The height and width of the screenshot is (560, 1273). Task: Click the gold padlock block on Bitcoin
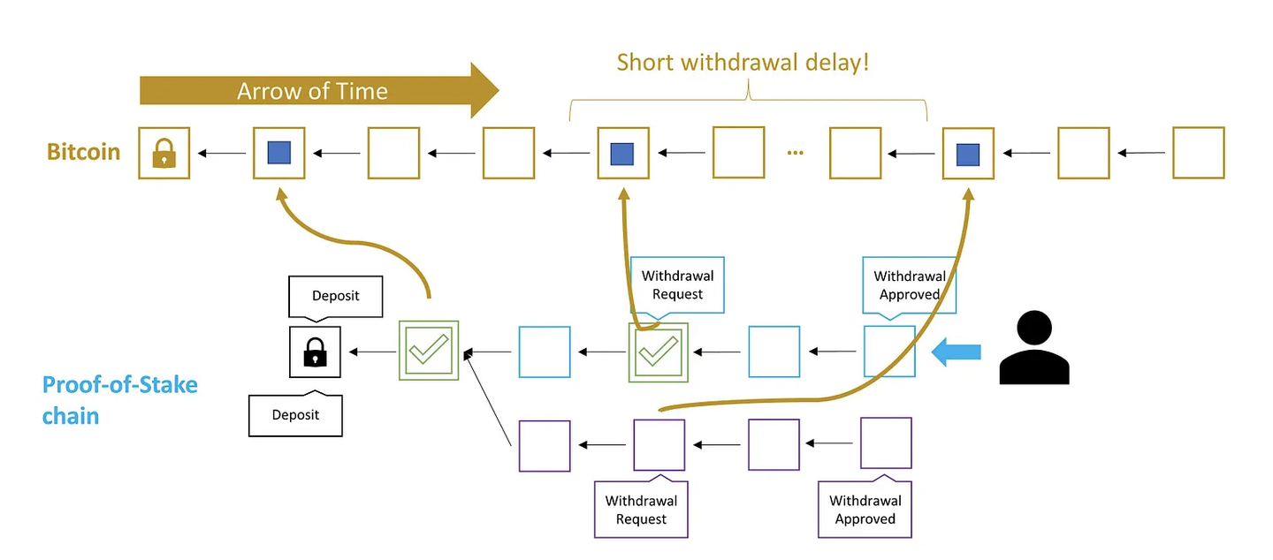pyautogui.click(x=164, y=153)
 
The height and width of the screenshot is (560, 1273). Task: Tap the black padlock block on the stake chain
pyautogui.click(x=315, y=352)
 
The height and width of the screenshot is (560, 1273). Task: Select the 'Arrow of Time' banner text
pyautogui.click(x=312, y=91)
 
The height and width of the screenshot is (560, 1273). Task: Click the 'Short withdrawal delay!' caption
pyautogui.click(x=743, y=62)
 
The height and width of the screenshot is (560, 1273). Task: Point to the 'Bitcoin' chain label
pyautogui.click(x=83, y=152)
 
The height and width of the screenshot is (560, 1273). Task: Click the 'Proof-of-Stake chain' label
pyautogui.click(x=120, y=400)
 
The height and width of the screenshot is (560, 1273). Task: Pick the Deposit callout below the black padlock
pyautogui.click(x=295, y=412)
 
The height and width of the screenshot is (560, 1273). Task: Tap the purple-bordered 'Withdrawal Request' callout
pyautogui.click(x=641, y=507)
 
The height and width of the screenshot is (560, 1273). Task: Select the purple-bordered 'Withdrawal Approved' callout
pyautogui.click(x=865, y=507)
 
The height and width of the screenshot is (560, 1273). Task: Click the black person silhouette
pyautogui.click(x=1034, y=348)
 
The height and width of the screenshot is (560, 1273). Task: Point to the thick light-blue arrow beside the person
pyautogui.click(x=956, y=352)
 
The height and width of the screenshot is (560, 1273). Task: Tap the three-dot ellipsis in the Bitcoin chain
pyautogui.click(x=795, y=153)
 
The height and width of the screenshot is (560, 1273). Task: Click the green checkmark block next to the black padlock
pyautogui.click(x=429, y=351)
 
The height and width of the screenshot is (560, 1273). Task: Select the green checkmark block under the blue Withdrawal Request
pyautogui.click(x=658, y=352)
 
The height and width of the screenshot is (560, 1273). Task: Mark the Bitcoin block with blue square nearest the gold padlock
pyautogui.click(x=279, y=153)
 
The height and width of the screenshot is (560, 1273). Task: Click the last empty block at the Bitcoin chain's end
pyautogui.click(x=1199, y=153)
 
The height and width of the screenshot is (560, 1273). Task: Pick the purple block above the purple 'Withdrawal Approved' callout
pyautogui.click(x=886, y=443)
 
